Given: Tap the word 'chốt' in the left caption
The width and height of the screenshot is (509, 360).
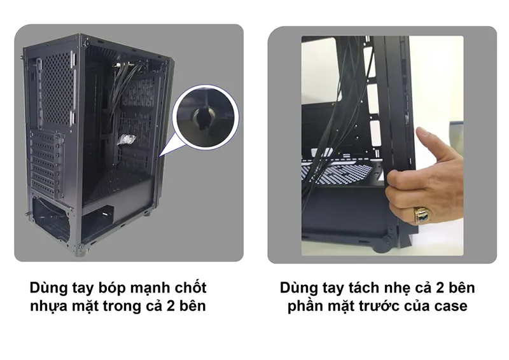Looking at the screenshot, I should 190,287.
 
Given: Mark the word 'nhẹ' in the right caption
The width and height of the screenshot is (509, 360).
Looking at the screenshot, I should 397,287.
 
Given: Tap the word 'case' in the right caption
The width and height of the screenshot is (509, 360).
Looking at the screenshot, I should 451,307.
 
